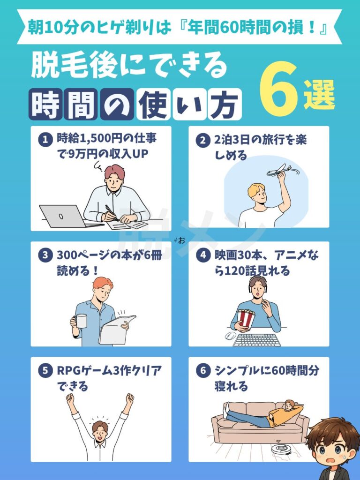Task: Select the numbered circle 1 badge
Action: click(45, 140)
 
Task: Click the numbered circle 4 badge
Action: click(203, 255)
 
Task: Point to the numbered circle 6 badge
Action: click(203, 371)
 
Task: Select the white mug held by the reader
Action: click(81, 321)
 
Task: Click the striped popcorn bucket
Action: click(246, 319)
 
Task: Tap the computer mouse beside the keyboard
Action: click(231, 336)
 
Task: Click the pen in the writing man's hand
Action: click(112, 213)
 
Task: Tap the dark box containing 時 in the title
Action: click(45, 105)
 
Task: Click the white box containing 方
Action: click(224, 105)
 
